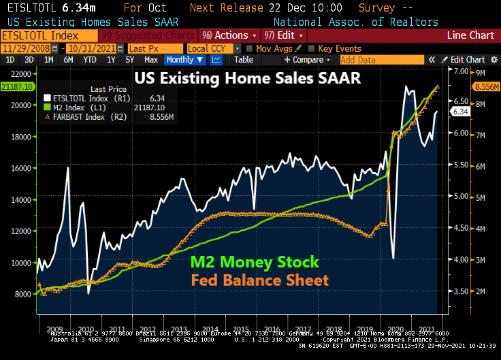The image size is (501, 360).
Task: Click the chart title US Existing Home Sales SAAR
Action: [x=247, y=78]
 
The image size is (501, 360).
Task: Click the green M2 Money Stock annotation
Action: [x=255, y=263]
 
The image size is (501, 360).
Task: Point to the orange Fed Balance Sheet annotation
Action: [x=259, y=280]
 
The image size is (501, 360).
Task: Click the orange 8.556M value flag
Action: [x=484, y=87]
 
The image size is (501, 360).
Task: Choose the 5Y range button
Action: [x=129, y=60]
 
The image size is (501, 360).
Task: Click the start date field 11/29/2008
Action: [x=29, y=48]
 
